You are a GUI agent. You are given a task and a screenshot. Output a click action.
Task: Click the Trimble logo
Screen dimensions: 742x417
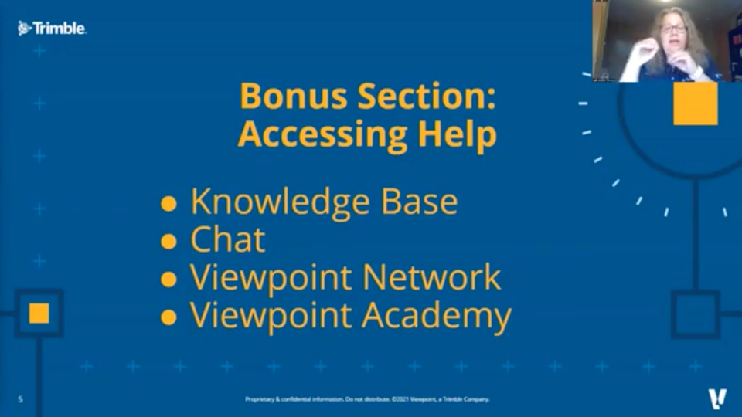52,29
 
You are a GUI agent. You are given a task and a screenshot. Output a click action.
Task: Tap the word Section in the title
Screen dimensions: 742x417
427,96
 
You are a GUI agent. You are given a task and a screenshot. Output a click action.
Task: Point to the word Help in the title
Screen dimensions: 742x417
457,134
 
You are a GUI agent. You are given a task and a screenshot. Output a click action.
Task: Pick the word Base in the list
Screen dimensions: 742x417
419,202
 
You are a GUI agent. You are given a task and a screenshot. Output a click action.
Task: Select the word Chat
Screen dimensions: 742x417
227,239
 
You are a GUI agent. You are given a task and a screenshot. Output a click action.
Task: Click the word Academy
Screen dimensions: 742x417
436,316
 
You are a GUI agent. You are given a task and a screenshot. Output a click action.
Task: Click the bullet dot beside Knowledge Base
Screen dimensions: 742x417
168,204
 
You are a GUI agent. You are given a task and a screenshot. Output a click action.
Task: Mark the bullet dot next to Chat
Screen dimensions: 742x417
168,242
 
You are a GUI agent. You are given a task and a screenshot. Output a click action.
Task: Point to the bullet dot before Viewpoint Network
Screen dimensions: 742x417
168,280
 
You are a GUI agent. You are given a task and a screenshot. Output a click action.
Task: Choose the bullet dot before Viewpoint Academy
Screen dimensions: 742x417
168,317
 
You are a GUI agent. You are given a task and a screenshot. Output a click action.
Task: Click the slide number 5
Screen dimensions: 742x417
20,399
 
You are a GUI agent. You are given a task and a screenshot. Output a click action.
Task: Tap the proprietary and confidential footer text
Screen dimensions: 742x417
367,399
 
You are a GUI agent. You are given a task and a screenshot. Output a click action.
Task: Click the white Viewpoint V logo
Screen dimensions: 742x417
717,398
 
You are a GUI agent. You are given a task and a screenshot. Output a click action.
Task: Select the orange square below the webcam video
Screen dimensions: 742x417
695,103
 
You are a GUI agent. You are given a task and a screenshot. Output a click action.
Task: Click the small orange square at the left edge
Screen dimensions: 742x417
39,313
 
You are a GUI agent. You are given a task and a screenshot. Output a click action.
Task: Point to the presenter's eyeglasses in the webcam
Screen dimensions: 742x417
673,29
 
